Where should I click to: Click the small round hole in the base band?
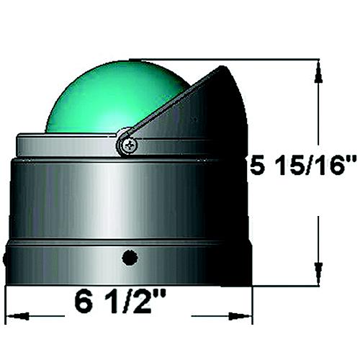[x=130, y=257]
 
